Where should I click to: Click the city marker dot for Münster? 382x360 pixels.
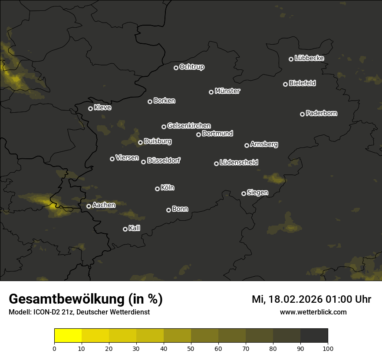tap(211, 92)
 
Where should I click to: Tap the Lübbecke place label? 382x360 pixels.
tap(309, 58)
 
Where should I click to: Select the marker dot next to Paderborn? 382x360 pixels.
tap(302, 114)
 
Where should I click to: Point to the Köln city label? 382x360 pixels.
tap(168, 188)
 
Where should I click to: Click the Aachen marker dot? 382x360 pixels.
tap(89, 206)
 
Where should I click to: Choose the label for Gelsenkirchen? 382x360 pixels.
tap(189, 126)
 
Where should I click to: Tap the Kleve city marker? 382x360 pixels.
tap(90, 108)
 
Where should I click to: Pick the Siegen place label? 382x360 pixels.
tap(257, 193)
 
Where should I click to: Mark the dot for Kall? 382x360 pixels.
tap(125, 229)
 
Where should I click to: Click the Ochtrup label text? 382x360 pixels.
tap(191, 67)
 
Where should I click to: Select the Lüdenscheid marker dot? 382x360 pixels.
tap(216, 164)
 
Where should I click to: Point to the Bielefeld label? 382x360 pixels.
tap(302, 83)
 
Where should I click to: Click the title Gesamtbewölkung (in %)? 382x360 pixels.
tap(86, 299)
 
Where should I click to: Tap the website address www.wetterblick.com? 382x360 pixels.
tap(313, 312)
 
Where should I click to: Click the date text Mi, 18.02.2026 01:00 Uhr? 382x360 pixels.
tap(311, 299)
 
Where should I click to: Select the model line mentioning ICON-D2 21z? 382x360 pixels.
tap(79, 312)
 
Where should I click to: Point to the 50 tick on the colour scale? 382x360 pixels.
tap(191, 348)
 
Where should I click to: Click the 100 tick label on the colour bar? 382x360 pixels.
tap(328, 348)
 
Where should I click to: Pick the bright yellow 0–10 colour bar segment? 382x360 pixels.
tap(68, 336)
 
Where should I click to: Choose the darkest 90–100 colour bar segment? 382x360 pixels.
tap(314, 336)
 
